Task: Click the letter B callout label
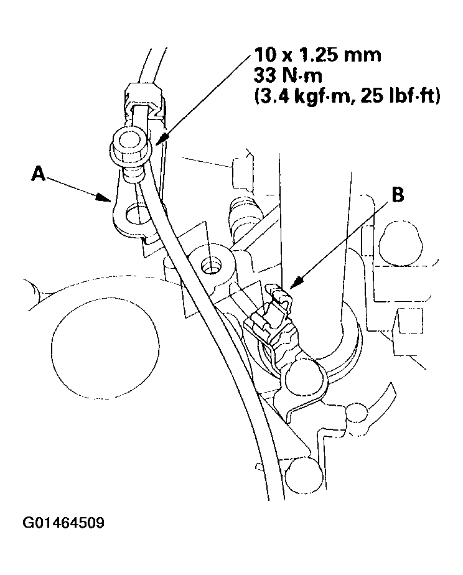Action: (396, 195)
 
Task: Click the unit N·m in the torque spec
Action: (306, 77)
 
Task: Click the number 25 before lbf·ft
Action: (378, 97)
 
